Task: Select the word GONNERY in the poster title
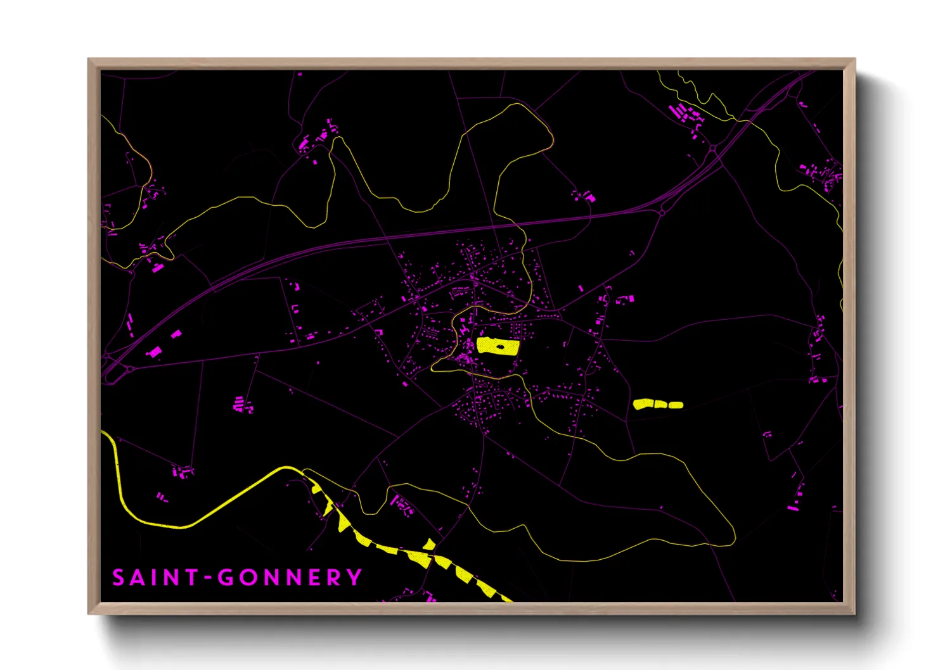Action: click(290, 578)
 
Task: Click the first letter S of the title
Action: click(119, 578)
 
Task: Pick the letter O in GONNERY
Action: click(247, 578)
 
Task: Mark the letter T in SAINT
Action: click(192, 578)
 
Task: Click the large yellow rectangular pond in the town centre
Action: click(498, 346)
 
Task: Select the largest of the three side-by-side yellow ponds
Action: click(643, 404)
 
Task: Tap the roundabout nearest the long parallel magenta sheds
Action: click(713, 149)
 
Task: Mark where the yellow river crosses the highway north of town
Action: click(515, 224)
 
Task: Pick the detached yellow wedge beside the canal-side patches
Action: click(430, 544)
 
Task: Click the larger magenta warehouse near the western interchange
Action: click(153, 351)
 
